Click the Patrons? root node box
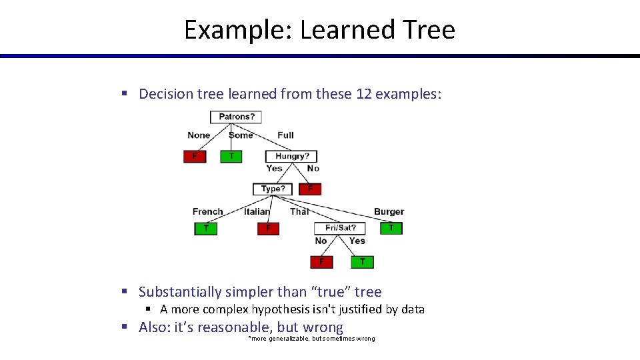[x=237, y=117]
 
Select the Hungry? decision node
[x=291, y=156]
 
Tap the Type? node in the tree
[x=273, y=189]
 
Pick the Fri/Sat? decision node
[x=340, y=228]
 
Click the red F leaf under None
[x=195, y=156]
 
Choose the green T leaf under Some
[x=231, y=156]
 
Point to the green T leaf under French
[x=205, y=228]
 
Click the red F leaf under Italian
[x=268, y=228]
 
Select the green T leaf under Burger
[x=391, y=228]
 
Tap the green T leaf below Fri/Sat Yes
[x=362, y=261]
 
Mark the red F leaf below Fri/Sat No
[x=321, y=261]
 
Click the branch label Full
[x=285, y=135]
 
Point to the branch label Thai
[x=299, y=211]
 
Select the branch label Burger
[x=389, y=211]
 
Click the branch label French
[x=207, y=211]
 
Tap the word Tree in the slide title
[x=429, y=30]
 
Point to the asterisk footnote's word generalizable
[x=289, y=339]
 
